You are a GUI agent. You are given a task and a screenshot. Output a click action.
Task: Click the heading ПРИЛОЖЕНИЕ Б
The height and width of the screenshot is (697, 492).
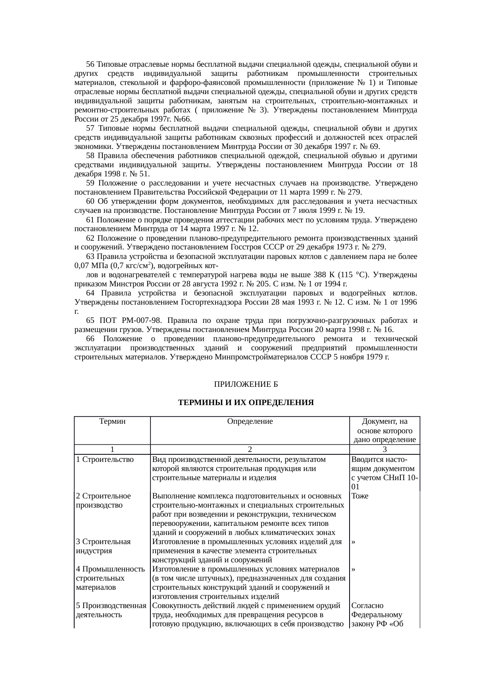click(x=246, y=384)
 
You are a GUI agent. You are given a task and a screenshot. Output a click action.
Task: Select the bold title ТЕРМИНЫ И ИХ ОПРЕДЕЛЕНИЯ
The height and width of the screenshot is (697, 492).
click(x=246, y=403)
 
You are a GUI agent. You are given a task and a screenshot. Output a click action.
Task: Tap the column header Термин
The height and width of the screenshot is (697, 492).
click(x=112, y=421)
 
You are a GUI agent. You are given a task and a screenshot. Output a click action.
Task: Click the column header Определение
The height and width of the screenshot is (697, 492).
click(x=250, y=421)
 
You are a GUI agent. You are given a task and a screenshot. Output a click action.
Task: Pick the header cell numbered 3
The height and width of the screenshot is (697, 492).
click(x=384, y=449)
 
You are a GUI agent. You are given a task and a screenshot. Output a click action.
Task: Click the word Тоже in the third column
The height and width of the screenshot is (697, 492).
click(x=360, y=496)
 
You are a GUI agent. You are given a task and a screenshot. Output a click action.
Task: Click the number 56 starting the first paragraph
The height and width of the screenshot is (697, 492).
click(x=90, y=64)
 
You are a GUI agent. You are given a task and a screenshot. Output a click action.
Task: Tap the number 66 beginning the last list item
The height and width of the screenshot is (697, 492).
click(x=90, y=339)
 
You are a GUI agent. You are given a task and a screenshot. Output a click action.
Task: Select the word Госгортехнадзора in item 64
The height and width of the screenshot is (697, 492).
click(x=208, y=302)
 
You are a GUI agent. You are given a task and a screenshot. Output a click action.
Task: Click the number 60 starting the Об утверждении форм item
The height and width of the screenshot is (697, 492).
click(x=90, y=202)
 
